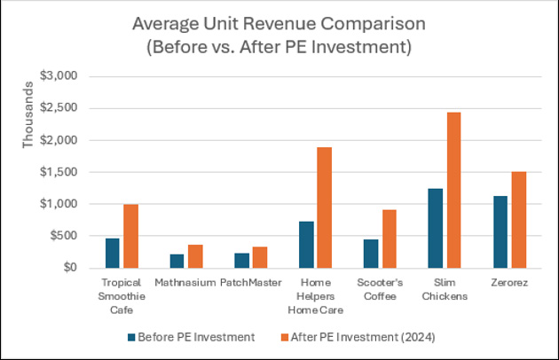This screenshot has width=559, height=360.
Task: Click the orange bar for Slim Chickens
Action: click(453, 190)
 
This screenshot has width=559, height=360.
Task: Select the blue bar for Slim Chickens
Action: click(435, 228)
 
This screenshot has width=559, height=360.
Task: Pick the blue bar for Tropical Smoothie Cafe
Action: click(113, 253)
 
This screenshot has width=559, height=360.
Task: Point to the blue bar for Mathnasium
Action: click(177, 261)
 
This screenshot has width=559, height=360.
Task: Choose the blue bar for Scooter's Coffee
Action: click(370, 254)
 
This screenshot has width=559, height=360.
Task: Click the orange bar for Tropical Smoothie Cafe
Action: click(131, 236)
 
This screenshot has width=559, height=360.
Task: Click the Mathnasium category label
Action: click(185, 284)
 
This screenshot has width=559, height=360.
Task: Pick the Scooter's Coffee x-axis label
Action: click(379, 289)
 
